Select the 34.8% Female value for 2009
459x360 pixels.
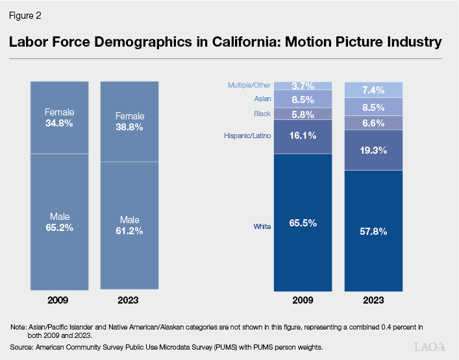tap(59, 122)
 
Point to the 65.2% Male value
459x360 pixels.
tap(59, 228)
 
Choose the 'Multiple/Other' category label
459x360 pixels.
tap(249, 85)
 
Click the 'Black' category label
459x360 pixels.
tap(262, 114)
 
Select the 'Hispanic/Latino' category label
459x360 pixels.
tap(247, 136)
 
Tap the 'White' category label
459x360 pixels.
tap(262, 226)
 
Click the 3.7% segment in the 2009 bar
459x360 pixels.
tap(303, 86)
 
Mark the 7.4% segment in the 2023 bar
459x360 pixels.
tap(373, 90)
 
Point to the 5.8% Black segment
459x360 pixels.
tap(303, 114)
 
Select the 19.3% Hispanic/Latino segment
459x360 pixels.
tap(373, 150)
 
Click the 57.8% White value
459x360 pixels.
tap(373, 231)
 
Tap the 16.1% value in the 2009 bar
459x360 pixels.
tap(303, 136)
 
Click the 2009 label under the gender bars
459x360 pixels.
tap(59, 300)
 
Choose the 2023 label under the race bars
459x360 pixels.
tap(373, 300)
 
